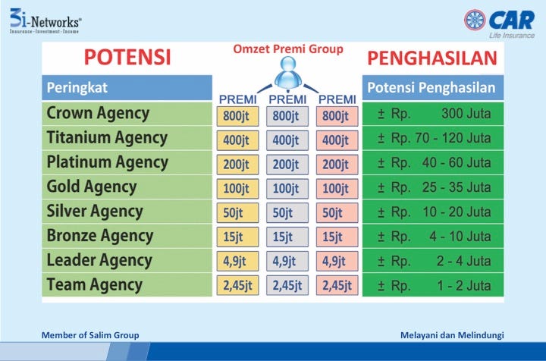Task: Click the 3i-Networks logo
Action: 45,21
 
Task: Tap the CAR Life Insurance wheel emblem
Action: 475,20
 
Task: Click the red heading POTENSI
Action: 127,57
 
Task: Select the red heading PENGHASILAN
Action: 432,58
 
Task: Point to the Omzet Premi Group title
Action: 288,49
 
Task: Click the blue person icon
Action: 288,72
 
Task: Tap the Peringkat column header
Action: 127,88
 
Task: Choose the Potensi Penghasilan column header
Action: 433,88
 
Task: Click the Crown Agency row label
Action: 98,113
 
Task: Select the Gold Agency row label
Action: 92,187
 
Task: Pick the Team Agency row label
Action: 95,284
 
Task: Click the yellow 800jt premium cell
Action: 238,116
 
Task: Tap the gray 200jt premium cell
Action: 287,165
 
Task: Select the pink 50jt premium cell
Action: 337,212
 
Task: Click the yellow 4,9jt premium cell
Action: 238,261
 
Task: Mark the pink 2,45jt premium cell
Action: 337,285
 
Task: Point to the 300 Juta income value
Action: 466,114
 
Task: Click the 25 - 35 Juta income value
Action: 457,187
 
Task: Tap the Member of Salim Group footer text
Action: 90,335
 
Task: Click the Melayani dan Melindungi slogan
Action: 452,335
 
